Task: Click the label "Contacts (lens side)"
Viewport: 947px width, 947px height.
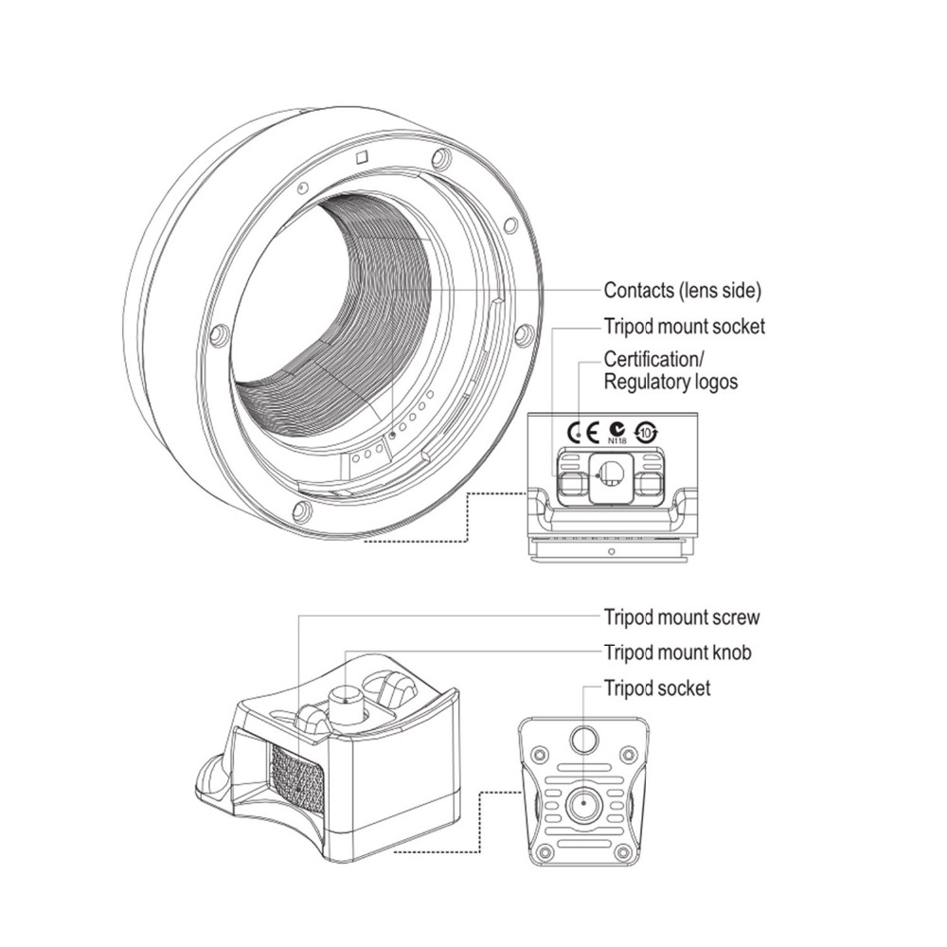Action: point(682,290)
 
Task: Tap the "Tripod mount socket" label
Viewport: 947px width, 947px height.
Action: point(684,327)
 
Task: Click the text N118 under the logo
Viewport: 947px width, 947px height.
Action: point(616,441)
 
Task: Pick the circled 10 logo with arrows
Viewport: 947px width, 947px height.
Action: point(647,433)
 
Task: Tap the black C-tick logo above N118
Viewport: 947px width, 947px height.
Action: point(616,428)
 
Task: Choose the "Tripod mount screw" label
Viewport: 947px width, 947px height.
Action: point(681,617)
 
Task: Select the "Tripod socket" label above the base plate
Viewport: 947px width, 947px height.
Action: point(657,688)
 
